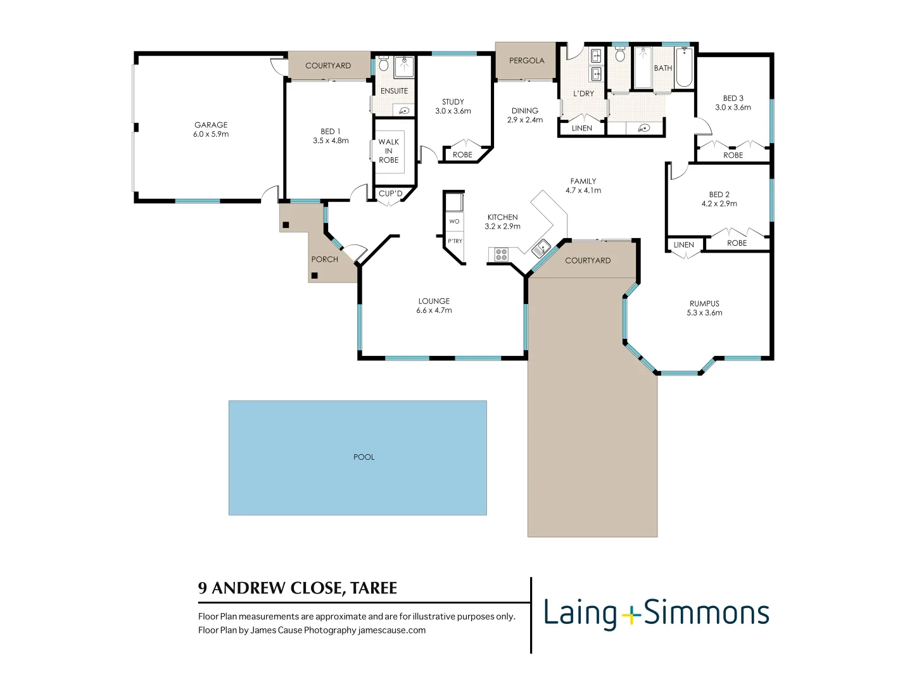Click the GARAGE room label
click(x=211, y=125)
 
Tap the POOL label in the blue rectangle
click(x=364, y=457)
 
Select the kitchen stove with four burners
click(x=501, y=255)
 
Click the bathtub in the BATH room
click(x=684, y=68)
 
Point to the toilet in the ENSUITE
click(x=383, y=65)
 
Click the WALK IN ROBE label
click(x=389, y=151)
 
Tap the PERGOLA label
click(x=526, y=61)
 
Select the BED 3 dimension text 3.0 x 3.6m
click(x=733, y=108)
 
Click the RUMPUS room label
click(x=704, y=303)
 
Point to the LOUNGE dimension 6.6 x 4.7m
click(x=434, y=310)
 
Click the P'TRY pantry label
click(x=455, y=241)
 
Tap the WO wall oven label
click(x=454, y=222)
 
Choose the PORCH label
click(x=324, y=260)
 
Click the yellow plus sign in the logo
click(x=630, y=614)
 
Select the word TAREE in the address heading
click(x=374, y=588)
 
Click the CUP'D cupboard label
click(x=390, y=194)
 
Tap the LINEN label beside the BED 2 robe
click(x=683, y=245)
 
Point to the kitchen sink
click(x=541, y=248)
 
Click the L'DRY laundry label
click(x=583, y=94)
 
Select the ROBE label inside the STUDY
click(x=462, y=155)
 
